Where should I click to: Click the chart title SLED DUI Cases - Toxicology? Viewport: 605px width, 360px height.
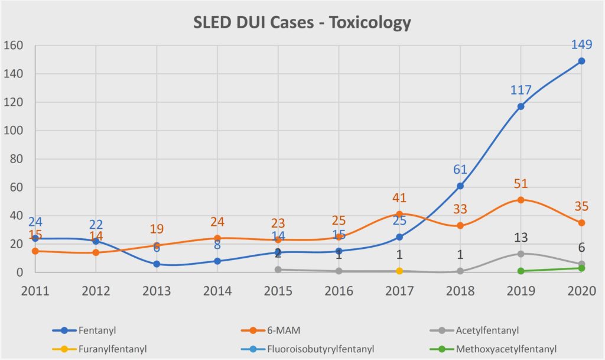pos(302,22)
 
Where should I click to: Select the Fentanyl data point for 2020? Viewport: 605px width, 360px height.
pos(582,61)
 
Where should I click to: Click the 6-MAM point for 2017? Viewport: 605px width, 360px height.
pos(399,214)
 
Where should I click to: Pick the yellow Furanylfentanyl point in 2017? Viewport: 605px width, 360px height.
pos(399,271)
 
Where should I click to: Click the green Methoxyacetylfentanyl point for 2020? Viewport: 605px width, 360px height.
pos(582,268)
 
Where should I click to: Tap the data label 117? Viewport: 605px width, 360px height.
pos(521,90)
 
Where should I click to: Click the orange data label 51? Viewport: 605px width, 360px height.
pos(521,184)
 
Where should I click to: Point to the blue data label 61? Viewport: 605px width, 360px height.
pos(460,170)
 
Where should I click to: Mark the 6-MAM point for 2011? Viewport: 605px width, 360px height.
pos(35,251)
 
